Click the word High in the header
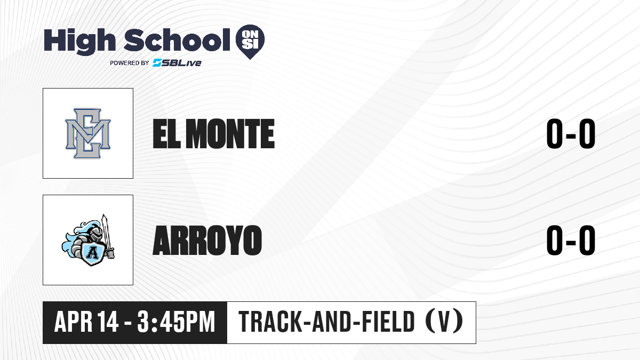tap(79, 41)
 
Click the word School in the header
tap(177, 41)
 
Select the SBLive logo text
tap(177, 63)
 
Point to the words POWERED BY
tap(130, 63)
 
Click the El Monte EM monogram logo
tap(88, 133)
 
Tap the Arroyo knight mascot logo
tap(88, 241)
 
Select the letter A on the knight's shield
tap(92, 252)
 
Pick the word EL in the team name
tap(166, 134)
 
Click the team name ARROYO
tap(207, 241)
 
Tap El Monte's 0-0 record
tap(571, 134)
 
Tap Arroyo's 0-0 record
tap(571, 241)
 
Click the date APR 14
tap(86, 322)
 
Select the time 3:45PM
tap(176, 322)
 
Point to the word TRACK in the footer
tap(270, 322)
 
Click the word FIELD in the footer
tap(388, 322)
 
